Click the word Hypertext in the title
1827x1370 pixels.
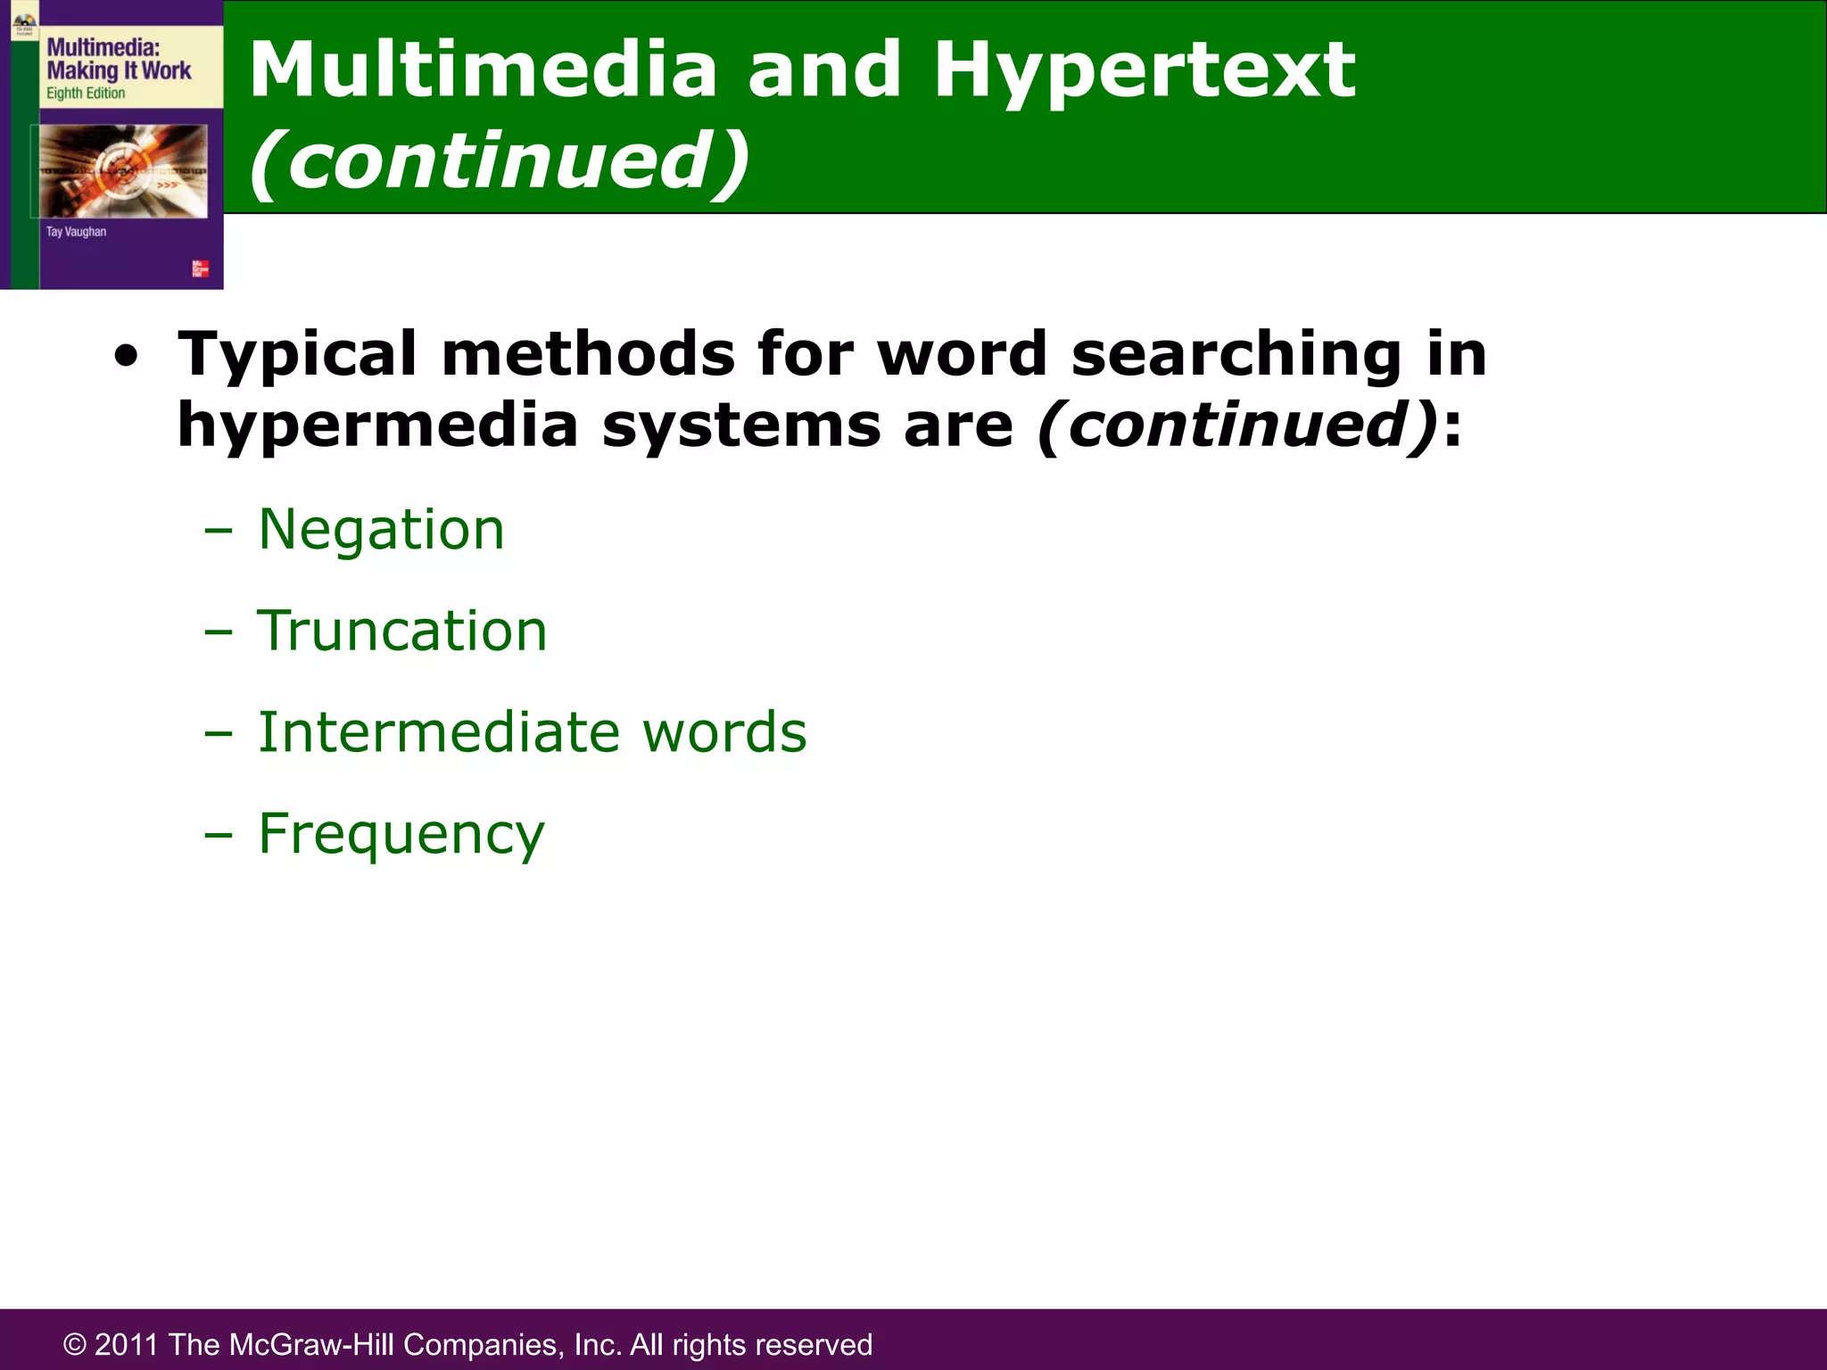pos(1144,71)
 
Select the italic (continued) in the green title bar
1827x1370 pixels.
pos(500,161)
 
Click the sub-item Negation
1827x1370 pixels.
pos(381,529)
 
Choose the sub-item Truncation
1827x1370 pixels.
pos(401,631)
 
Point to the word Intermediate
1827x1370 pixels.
pos(438,732)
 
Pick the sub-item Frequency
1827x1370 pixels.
pos(401,835)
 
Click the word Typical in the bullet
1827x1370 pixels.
pos(297,355)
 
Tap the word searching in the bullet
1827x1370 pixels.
pos(1236,355)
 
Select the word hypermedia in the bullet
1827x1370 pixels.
pos(378,425)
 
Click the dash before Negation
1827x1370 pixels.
pos(218,532)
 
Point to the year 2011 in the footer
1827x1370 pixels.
pos(126,1344)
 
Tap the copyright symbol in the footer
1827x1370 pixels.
pos(75,1345)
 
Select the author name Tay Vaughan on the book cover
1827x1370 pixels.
pos(76,232)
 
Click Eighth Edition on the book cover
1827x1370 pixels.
pos(86,94)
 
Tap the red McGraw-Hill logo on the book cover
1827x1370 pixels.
pos(201,268)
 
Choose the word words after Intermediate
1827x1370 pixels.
pos(724,732)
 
